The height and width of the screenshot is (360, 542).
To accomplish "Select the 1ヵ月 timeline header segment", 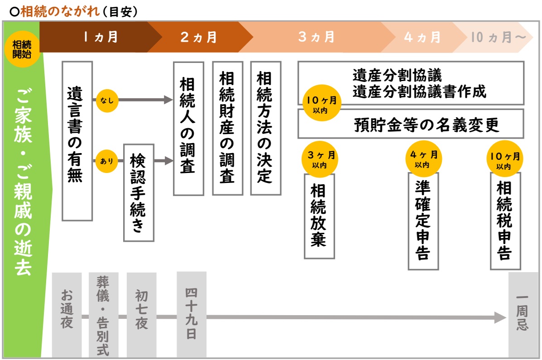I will pos(100,37).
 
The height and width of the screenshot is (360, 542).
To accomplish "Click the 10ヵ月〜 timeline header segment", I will pos(498,37).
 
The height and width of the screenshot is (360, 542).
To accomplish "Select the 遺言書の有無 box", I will pos(77,141).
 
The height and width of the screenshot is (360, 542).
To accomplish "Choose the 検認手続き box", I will pos(139,192).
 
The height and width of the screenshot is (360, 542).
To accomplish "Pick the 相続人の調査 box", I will pos(188,128).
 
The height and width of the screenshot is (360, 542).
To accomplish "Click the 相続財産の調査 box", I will pos(227,128).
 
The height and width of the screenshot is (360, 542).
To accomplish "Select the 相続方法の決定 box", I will pos(265,128).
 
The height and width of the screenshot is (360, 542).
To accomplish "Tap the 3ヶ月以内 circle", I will pos(320,159).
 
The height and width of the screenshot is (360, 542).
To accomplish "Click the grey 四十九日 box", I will pos(191,315).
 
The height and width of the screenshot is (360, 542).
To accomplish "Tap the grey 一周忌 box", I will pos(523,315).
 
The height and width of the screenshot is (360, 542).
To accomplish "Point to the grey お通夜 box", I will pos(67,315).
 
